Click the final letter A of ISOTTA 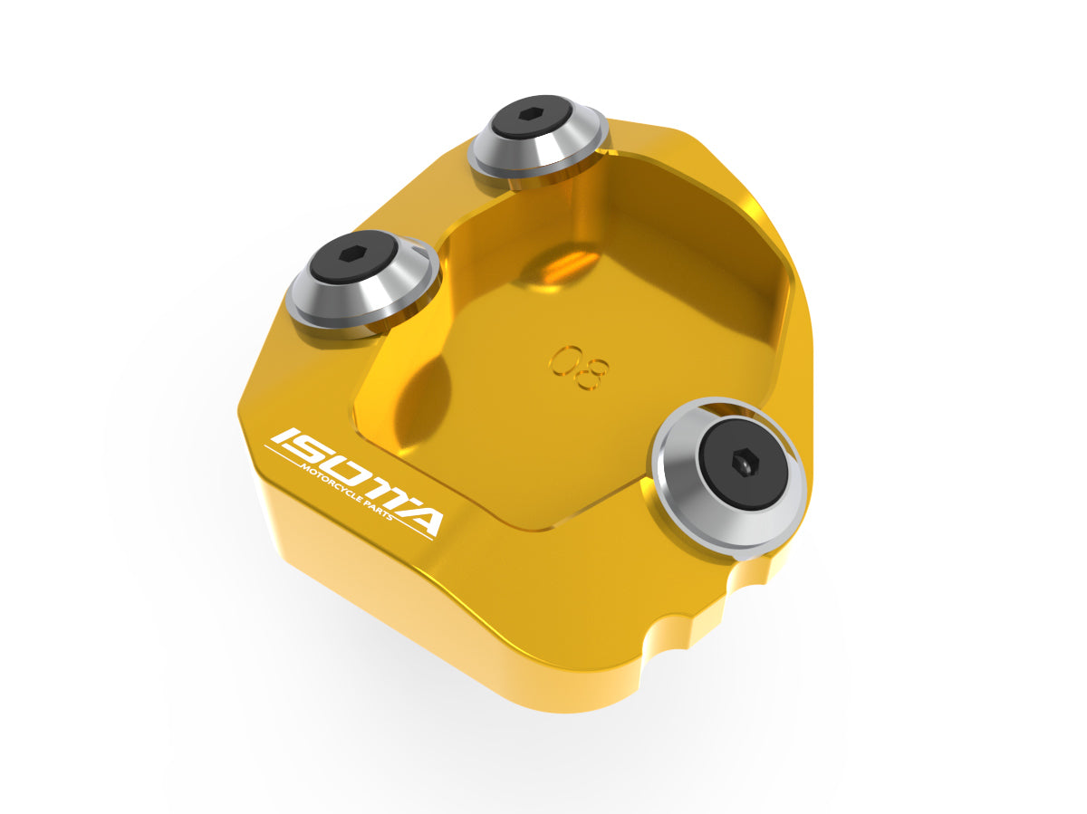tap(418, 520)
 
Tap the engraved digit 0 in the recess tap(563, 359)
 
